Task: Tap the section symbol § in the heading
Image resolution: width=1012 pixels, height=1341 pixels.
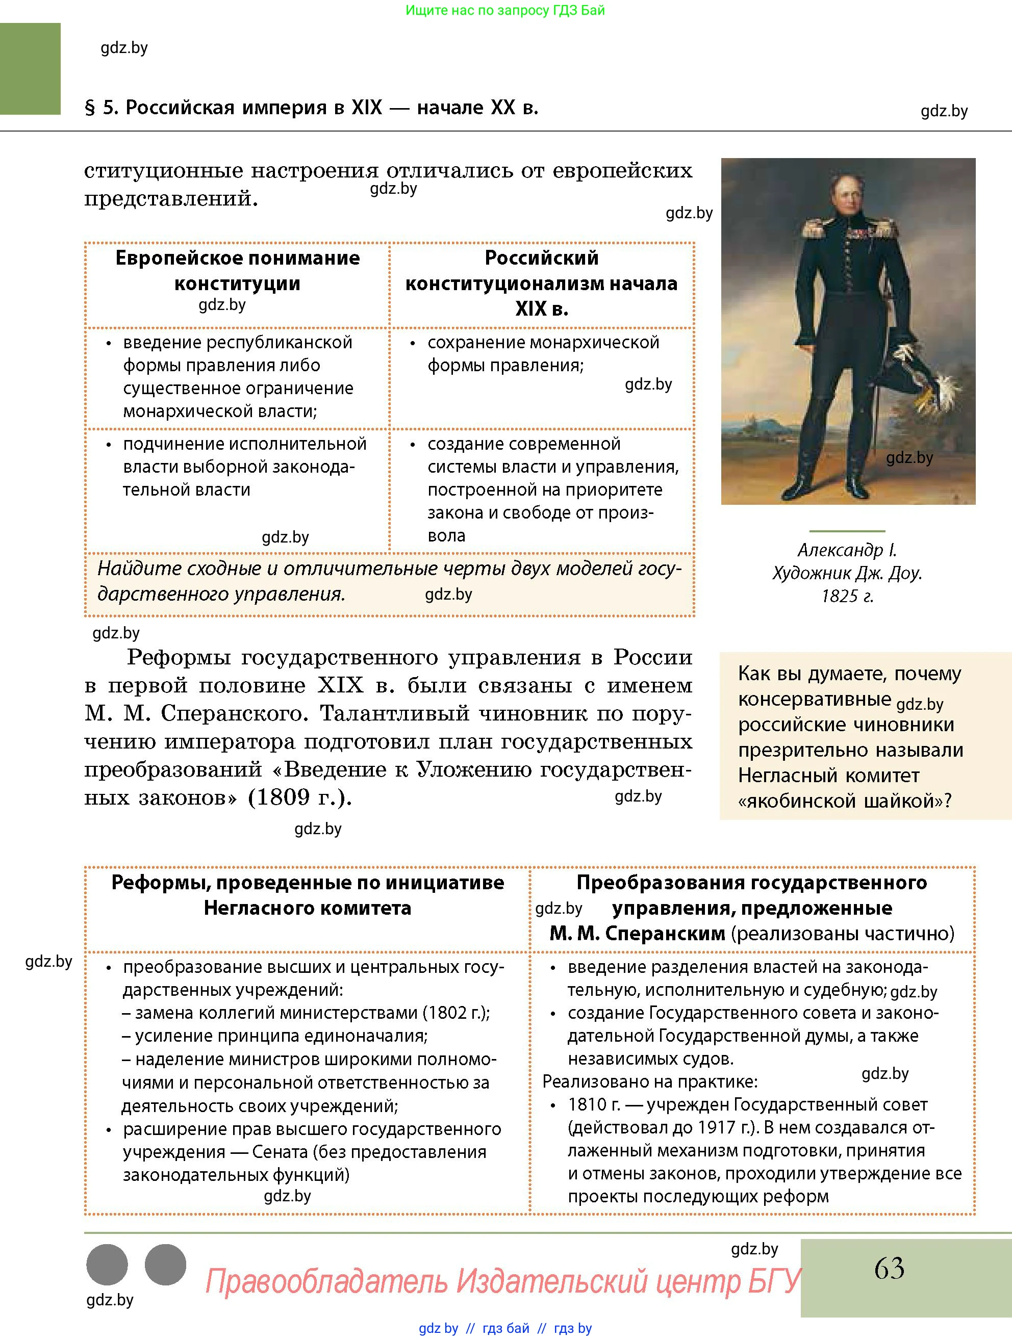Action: point(90,108)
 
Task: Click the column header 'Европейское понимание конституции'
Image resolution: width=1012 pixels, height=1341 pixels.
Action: point(237,270)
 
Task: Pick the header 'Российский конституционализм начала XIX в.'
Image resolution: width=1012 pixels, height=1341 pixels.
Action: point(542,283)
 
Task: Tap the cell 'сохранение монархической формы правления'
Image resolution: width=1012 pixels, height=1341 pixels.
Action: point(542,353)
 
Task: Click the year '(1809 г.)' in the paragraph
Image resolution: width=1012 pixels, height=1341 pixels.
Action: point(299,797)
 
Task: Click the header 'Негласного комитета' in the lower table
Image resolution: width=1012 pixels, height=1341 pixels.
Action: point(307,908)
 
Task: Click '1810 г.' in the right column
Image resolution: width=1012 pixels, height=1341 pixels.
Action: point(594,1104)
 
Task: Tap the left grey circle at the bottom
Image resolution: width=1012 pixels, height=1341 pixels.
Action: point(107,1265)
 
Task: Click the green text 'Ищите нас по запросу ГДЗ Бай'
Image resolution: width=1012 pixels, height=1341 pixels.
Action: point(504,10)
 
